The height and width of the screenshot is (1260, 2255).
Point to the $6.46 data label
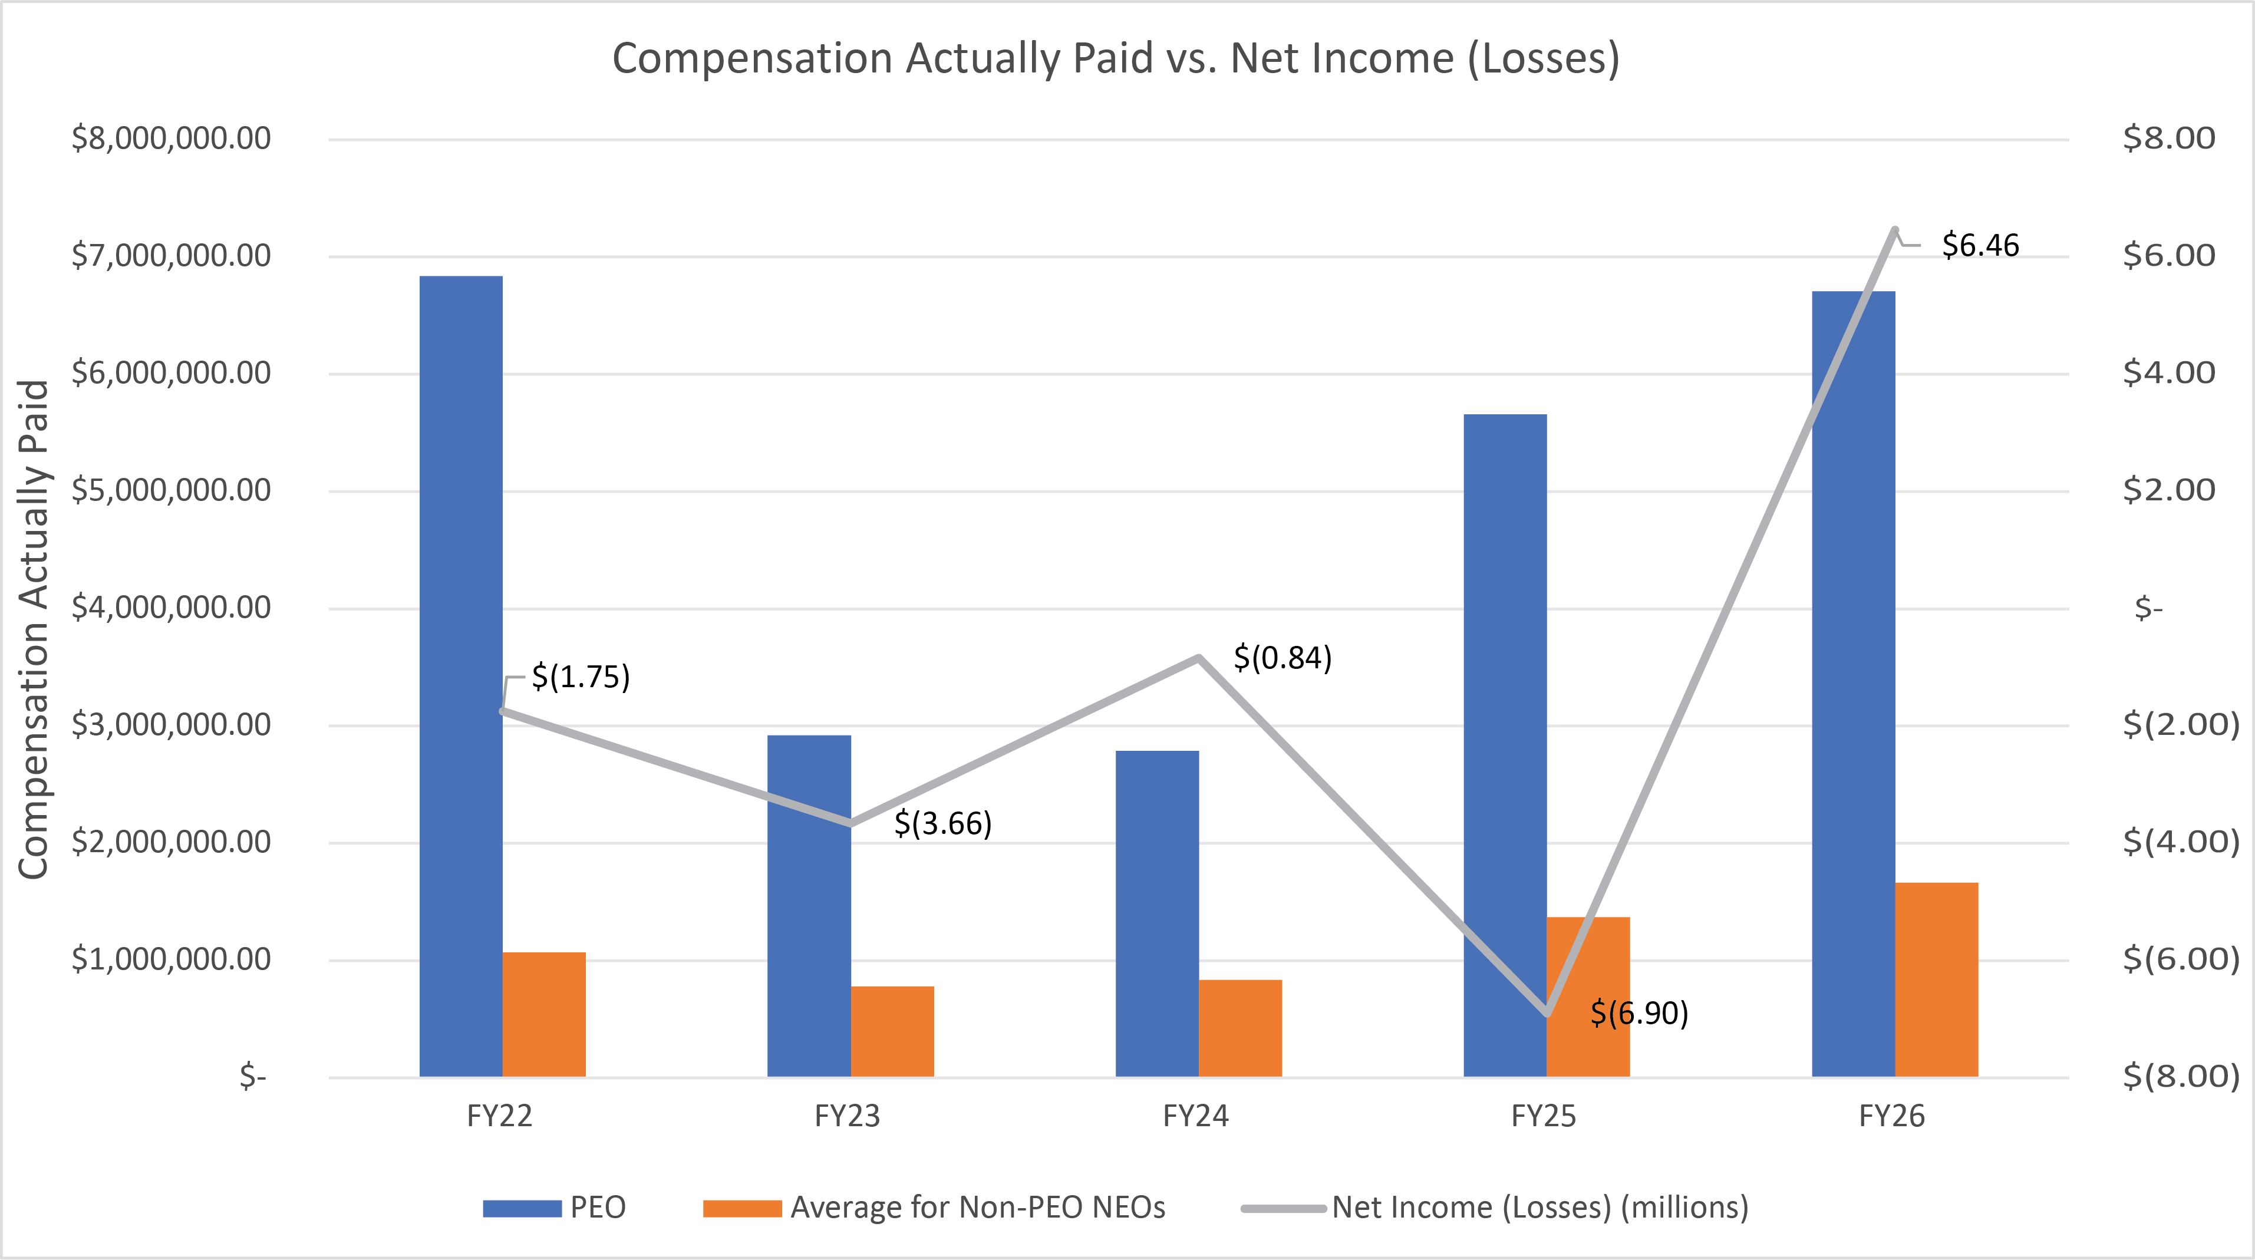(1980, 245)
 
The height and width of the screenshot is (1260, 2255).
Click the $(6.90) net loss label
(1638, 1013)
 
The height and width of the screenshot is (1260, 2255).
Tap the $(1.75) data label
(581, 677)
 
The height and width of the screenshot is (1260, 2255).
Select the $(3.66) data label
(943, 823)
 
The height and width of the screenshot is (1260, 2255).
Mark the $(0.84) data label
(1283, 658)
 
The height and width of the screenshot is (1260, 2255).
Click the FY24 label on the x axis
(1196, 1116)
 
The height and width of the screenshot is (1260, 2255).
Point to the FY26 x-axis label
(1892, 1116)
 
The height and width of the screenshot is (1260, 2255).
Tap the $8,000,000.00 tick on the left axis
(172, 138)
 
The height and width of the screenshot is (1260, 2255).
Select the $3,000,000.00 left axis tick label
(172, 725)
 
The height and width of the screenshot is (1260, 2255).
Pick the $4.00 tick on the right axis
(2169, 373)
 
